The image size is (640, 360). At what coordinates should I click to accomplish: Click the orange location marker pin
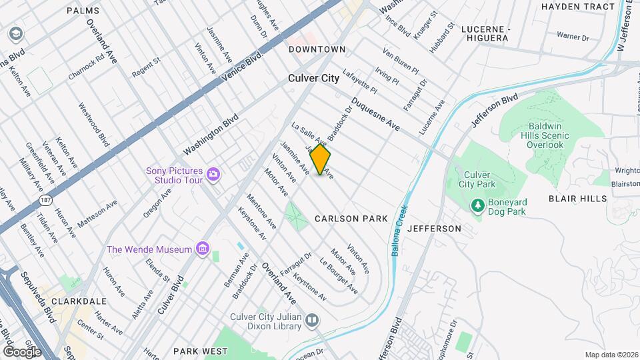(x=321, y=160)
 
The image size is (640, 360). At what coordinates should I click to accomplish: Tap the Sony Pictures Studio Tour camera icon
(x=213, y=175)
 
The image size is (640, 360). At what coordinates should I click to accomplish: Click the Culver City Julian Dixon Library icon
(x=311, y=322)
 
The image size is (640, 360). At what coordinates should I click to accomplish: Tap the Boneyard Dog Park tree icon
(x=477, y=206)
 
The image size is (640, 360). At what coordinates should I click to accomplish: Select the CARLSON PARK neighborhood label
(x=351, y=219)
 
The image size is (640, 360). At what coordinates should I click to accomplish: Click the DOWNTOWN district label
(x=317, y=49)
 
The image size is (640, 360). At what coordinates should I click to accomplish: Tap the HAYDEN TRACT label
(x=577, y=7)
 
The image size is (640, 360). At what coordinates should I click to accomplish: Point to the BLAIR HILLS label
(x=577, y=199)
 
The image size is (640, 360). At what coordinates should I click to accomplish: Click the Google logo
(x=21, y=351)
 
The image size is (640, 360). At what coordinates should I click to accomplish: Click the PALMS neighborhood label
(x=83, y=11)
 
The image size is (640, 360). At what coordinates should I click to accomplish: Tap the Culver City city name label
(x=313, y=78)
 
